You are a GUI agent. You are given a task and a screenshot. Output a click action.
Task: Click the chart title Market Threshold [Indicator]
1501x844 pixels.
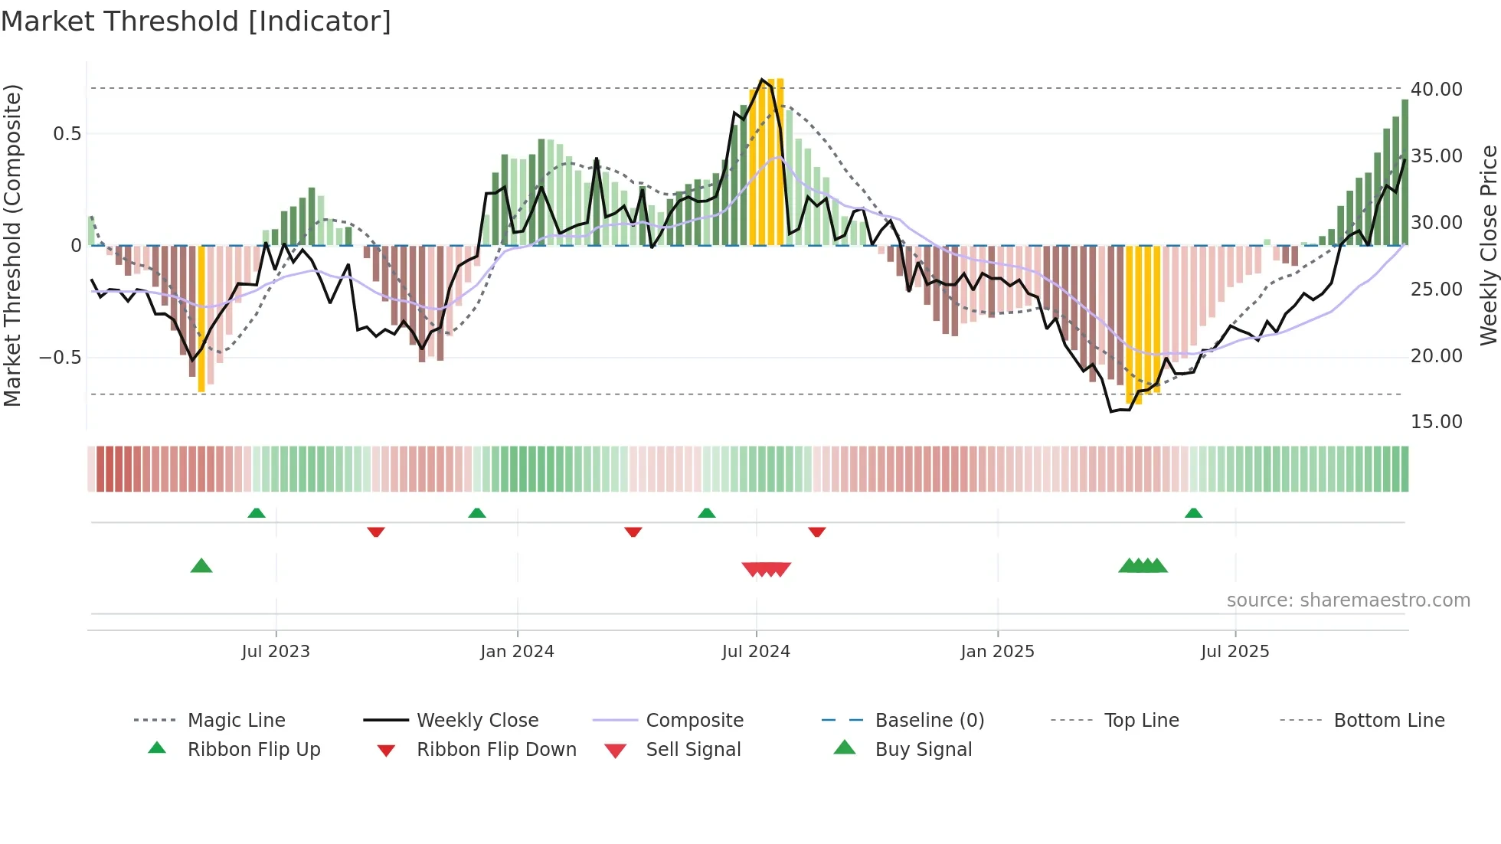click(196, 21)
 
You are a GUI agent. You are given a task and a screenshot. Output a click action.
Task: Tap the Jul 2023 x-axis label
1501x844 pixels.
click(276, 652)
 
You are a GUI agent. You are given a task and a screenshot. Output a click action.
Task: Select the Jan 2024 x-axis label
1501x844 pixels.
click(517, 652)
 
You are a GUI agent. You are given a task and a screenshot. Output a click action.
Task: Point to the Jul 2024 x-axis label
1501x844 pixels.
click(756, 652)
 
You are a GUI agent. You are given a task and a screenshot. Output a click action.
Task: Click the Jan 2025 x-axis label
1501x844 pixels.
click(997, 652)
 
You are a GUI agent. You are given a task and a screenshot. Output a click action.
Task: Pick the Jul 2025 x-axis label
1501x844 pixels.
click(1234, 652)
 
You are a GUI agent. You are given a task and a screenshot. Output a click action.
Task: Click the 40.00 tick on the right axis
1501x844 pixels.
click(1437, 90)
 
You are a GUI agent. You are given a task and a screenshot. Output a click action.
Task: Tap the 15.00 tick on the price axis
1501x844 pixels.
click(1437, 422)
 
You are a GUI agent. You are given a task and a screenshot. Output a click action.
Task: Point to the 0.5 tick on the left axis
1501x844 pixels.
click(67, 134)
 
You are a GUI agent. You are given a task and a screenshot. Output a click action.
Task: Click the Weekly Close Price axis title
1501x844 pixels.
click(1488, 245)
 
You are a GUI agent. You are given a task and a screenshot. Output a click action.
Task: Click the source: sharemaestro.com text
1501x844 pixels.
click(1348, 600)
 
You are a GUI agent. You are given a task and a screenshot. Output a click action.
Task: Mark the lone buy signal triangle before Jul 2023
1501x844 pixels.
click(201, 566)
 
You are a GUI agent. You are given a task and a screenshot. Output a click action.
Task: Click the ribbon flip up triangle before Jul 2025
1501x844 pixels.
click(1193, 513)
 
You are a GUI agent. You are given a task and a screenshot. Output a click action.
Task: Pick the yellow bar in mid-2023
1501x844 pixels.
click(201, 319)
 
